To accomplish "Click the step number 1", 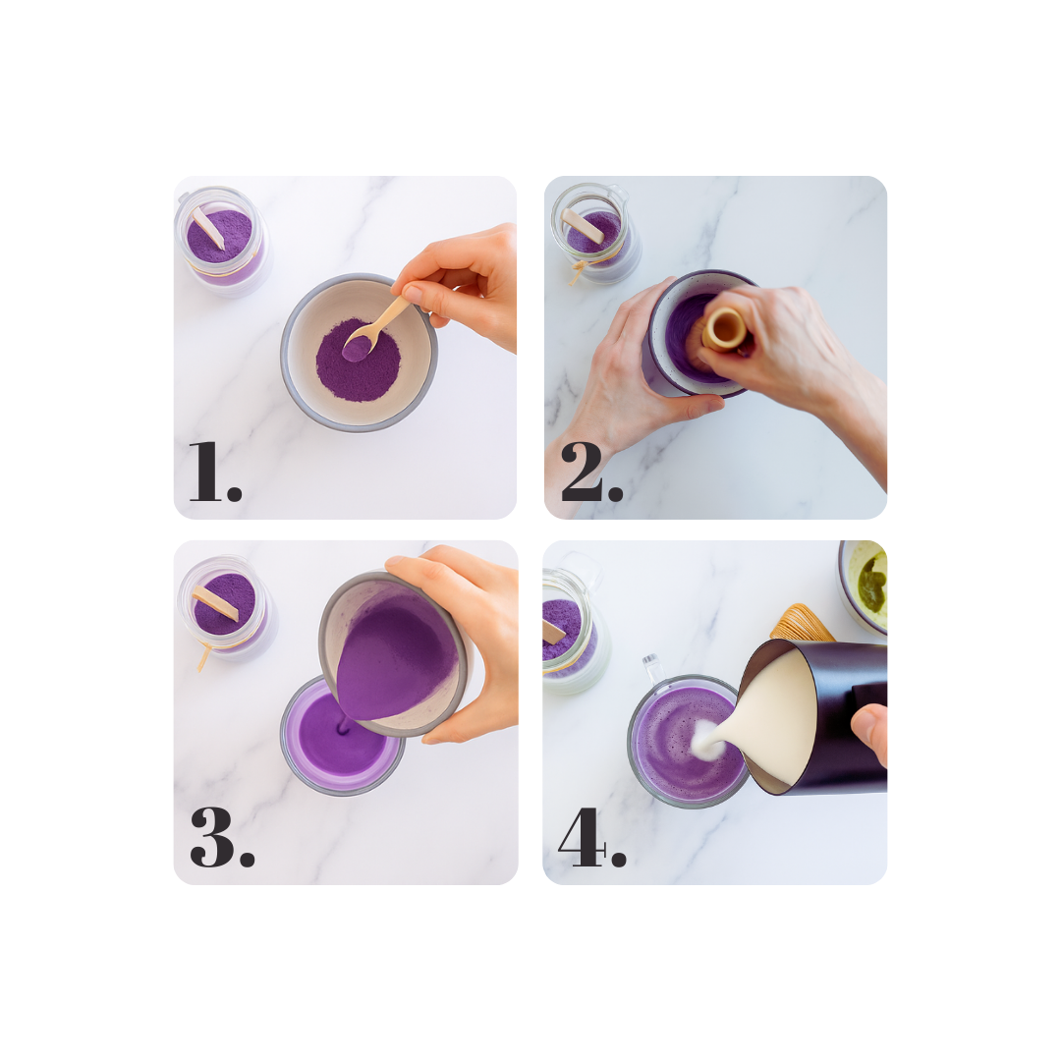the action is (214, 472).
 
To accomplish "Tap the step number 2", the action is (591, 472).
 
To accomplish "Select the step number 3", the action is (222, 837).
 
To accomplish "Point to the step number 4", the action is (591, 837).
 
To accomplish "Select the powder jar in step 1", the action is (223, 241).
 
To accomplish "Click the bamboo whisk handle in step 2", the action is (725, 329).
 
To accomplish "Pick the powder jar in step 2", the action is (595, 232).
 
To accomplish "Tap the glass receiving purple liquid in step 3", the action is (342, 738).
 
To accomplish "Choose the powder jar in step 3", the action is (226, 609).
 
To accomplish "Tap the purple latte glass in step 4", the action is (687, 741).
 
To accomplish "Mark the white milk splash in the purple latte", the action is (707, 738).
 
